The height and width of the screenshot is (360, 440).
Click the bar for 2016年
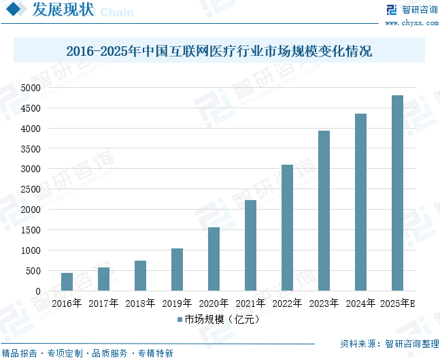(67, 282)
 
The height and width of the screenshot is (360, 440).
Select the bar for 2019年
(177, 269)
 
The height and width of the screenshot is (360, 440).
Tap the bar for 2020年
(214, 259)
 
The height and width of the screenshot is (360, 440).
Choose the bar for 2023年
(324, 211)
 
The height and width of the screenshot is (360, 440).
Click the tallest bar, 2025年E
(397, 193)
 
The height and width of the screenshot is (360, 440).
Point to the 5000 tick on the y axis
(31, 88)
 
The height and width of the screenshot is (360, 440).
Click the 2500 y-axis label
(31, 189)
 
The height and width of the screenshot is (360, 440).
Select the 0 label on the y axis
(38, 291)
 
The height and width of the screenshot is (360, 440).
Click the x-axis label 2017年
(103, 304)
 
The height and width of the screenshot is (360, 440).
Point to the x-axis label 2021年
(250, 304)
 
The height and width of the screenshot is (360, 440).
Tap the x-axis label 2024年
(360, 304)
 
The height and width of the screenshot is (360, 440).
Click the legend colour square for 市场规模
(180, 318)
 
